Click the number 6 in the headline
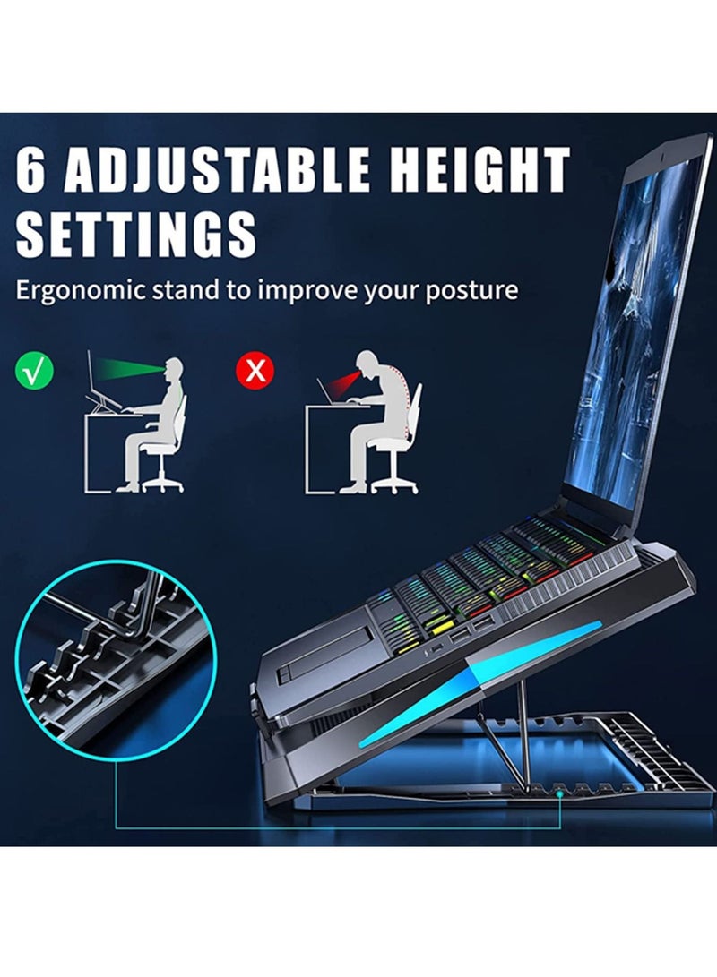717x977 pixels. pos(32,170)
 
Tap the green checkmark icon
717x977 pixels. pos(34,371)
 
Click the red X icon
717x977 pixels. pos(255,371)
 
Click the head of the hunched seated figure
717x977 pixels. pos(367,363)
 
